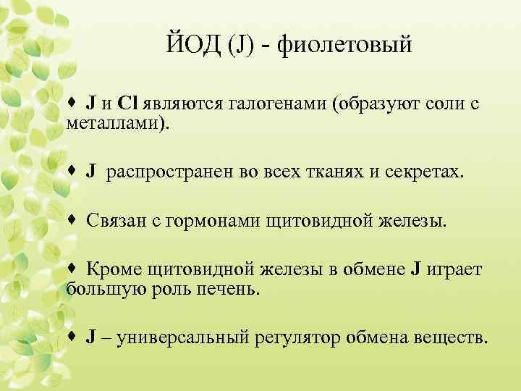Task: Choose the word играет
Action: [450, 270]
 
